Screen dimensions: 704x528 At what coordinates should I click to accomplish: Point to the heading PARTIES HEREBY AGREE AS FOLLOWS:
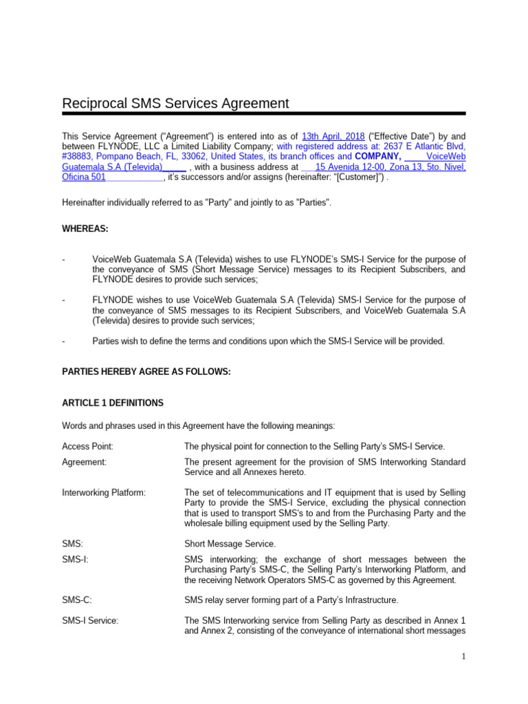click(146, 372)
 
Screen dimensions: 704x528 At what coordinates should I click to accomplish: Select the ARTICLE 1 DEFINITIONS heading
click(113, 402)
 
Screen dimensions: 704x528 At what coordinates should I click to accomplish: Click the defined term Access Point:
click(87, 446)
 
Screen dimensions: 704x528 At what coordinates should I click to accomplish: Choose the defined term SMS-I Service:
click(90, 621)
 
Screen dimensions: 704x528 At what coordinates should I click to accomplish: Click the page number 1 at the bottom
click(463, 657)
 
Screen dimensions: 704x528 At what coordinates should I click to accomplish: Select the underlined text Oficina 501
click(84, 177)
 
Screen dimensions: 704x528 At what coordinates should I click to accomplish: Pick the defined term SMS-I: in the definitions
click(75, 559)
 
